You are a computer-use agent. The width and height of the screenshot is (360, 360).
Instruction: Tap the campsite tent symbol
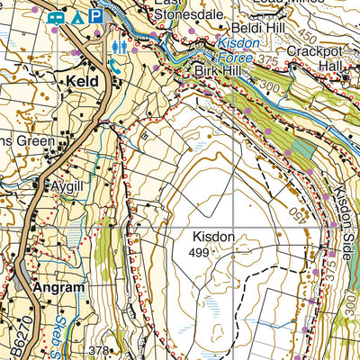[78, 16]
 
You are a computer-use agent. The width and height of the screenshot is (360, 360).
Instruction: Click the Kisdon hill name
[212, 238]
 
